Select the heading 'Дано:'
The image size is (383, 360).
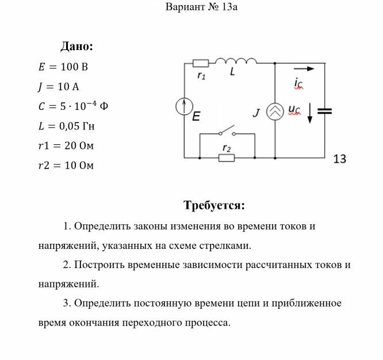pos(76,47)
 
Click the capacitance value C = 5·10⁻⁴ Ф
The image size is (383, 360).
pos(73,106)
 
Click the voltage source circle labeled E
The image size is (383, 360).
pos(184,106)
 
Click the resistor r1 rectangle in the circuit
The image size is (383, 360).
pos(201,63)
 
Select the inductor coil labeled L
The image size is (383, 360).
pos(236,60)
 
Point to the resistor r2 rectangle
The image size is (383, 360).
pos(227,158)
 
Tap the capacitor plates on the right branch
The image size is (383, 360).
pos(325,111)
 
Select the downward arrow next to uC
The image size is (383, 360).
pos(310,113)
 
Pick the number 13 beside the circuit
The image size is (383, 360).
pos(340,159)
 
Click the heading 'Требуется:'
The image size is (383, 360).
pos(215,205)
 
